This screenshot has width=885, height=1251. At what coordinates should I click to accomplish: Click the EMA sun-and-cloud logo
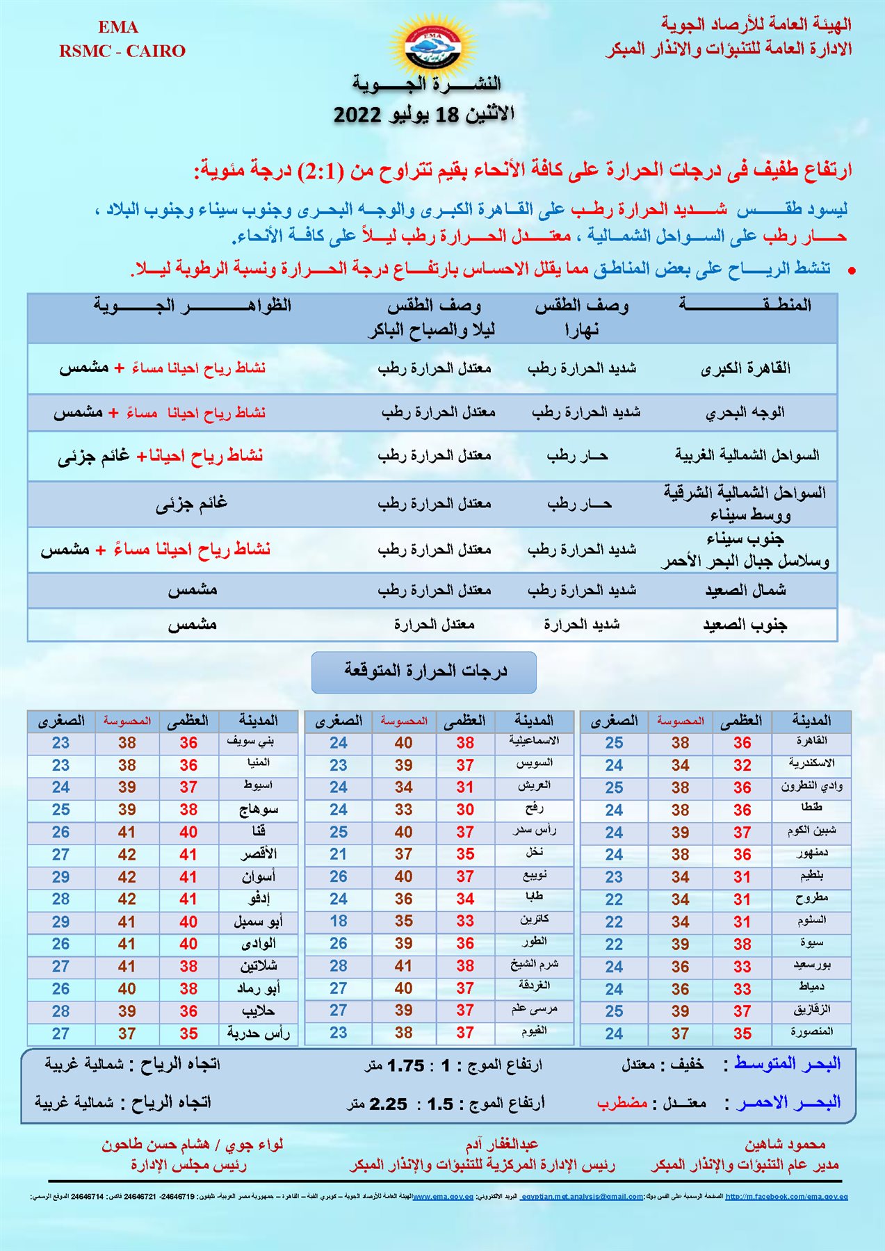tap(432, 44)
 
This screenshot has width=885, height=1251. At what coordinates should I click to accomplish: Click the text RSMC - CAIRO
tap(122, 51)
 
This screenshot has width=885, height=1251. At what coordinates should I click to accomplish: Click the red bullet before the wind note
tap(851, 271)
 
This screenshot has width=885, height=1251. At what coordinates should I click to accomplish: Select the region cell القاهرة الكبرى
tap(745, 368)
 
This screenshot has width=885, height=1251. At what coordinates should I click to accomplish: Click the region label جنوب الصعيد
tap(745, 625)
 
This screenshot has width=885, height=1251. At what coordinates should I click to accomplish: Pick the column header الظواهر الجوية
tap(193, 306)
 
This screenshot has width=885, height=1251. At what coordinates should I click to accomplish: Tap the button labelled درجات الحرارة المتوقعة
tap(424, 671)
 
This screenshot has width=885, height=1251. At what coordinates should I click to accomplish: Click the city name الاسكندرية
tap(811, 763)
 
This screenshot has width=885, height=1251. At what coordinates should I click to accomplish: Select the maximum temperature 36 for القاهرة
tap(742, 743)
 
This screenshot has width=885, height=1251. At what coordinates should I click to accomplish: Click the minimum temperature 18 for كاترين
tap(339, 921)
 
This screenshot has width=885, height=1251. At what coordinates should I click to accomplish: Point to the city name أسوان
tap(258, 876)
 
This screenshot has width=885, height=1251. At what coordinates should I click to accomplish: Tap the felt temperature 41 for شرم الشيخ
tap(403, 966)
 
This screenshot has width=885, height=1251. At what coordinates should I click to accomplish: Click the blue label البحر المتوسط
tap(787, 1063)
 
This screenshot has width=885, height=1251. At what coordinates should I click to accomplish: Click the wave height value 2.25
tap(388, 1104)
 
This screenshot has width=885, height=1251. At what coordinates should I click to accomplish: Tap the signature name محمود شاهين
tap(785, 1144)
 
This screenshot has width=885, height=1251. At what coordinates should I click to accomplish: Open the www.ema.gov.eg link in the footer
tap(443, 1197)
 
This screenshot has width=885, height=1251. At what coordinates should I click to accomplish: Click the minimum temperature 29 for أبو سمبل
tap(60, 922)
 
